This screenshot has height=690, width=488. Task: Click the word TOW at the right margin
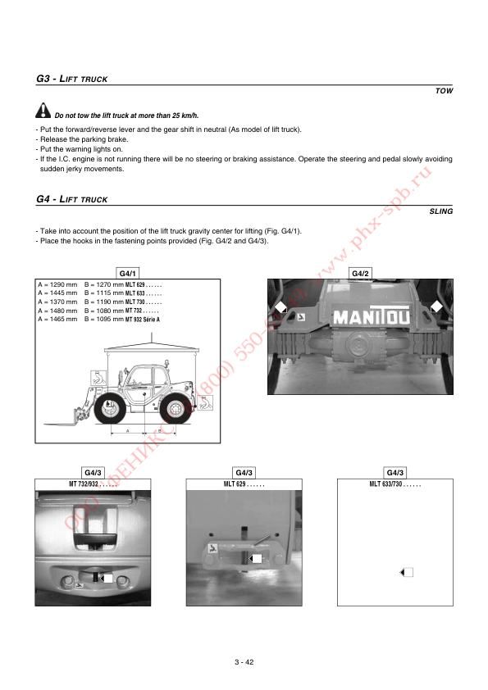[x=444, y=91]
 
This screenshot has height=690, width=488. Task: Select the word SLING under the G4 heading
[x=440, y=211]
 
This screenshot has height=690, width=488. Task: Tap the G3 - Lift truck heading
[x=72, y=79]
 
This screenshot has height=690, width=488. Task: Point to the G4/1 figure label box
[x=128, y=273]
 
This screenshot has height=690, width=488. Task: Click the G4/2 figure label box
[x=361, y=273]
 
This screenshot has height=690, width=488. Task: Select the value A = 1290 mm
[x=57, y=284]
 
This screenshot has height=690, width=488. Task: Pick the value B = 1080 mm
[x=103, y=311]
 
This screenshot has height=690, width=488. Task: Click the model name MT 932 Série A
[x=143, y=320]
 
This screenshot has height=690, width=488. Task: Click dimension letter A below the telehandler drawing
[x=127, y=430]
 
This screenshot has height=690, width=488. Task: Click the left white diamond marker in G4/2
[x=280, y=308]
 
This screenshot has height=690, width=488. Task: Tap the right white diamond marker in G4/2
[x=436, y=306]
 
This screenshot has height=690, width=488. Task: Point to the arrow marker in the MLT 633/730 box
[x=405, y=572]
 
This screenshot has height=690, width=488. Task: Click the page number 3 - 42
[x=244, y=662]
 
